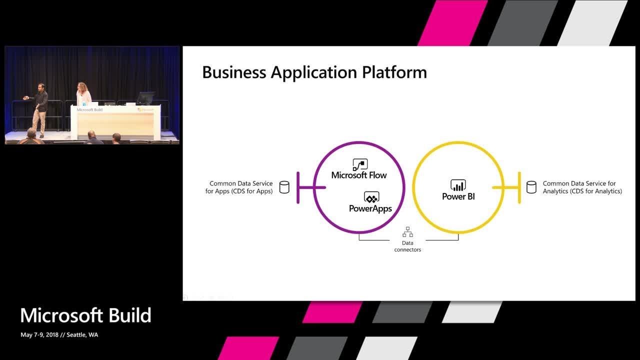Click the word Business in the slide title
[234, 72]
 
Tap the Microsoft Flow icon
[360, 164]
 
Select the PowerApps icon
[371, 197]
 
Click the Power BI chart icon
[458, 185]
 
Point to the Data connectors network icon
[407, 232]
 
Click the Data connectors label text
[407, 246]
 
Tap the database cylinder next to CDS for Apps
[284, 187]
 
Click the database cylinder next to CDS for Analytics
[531, 187]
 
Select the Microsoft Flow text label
[359, 175]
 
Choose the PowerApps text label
[370, 208]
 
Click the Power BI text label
[458, 196]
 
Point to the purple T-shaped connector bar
[299, 187]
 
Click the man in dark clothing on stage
[40, 107]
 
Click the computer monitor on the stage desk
[145, 98]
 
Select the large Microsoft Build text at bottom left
[85, 315]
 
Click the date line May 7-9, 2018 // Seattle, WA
[59, 335]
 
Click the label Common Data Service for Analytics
[582, 187]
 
